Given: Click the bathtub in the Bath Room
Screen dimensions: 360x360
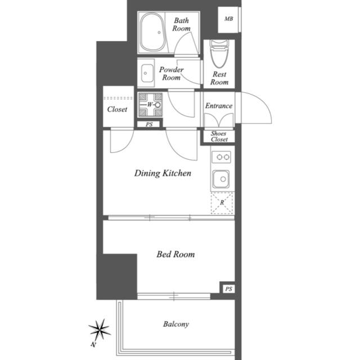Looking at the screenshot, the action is click(152, 33).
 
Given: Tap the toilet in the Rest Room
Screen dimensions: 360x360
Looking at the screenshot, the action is click(219, 54).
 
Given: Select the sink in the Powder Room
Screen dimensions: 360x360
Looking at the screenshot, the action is click(147, 73).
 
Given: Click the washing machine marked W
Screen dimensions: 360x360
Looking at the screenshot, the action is click(150, 105).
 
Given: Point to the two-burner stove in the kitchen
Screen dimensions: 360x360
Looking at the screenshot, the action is click(221, 157).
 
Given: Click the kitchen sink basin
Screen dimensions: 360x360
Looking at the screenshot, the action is click(221, 179).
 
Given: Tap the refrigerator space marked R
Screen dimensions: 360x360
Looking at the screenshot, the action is click(222, 203).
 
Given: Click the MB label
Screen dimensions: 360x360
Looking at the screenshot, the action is click(229, 19).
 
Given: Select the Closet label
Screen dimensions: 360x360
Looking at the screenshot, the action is click(117, 109).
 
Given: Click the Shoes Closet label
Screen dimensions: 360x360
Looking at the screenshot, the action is click(219, 136).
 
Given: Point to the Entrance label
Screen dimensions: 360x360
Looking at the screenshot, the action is click(219, 106).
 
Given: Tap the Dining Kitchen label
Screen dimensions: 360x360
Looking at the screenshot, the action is click(163, 173).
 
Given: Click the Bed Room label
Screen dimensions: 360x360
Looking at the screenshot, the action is click(175, 254).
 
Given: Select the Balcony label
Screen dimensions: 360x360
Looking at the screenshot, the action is click(176, 324).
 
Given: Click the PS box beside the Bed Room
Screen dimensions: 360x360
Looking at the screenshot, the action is click(229, 289).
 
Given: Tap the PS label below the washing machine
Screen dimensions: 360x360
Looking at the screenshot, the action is click(149, 124).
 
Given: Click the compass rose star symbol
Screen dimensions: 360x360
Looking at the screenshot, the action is click(100, 330).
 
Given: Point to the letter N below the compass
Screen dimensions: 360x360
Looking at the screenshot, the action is click(93, 344).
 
